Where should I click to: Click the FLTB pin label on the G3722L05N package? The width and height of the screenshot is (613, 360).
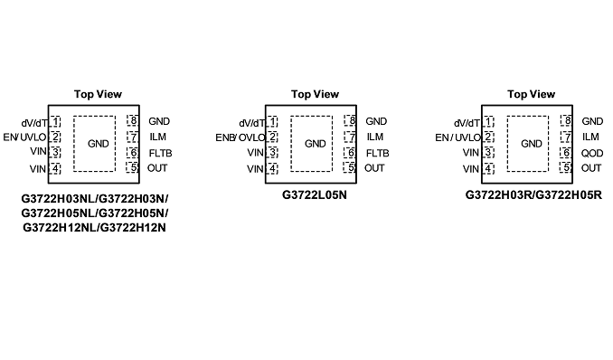tap(377, 153)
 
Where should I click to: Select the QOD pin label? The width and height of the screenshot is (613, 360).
tap(592, 153)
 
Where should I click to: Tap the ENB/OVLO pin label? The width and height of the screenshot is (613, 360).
tap(240, 137)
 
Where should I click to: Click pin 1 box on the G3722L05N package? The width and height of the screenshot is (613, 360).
tap(272, 122)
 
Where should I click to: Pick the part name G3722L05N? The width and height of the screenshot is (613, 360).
tap(315, 194)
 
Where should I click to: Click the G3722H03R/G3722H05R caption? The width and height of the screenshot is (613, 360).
tap(533, 194)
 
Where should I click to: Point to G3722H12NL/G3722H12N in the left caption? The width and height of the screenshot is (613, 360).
tap(94, 227)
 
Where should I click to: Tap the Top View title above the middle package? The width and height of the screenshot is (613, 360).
tap(315, 94)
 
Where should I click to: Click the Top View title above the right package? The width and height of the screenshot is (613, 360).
tap(532, 94)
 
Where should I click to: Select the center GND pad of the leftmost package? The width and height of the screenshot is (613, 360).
tap(94, 144)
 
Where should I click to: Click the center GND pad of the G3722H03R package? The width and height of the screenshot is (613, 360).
tap(528, 144)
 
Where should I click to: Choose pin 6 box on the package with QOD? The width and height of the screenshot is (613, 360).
tap(566, 153)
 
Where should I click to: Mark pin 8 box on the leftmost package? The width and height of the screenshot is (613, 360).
tap(133, 120)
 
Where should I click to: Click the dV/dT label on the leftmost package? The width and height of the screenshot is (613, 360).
tap(34, 123)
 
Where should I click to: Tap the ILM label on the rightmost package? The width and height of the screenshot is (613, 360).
tap(590, 137)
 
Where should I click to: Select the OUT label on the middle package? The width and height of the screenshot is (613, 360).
tap(374, 168)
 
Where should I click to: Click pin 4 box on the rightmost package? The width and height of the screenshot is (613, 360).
tap(488, 169)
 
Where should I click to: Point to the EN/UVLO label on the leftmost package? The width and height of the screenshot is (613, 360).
tap(24, 137)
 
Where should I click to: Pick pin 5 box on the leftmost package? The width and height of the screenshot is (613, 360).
tap(133, 167)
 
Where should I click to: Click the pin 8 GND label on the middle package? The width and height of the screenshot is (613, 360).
tap(376, 121)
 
